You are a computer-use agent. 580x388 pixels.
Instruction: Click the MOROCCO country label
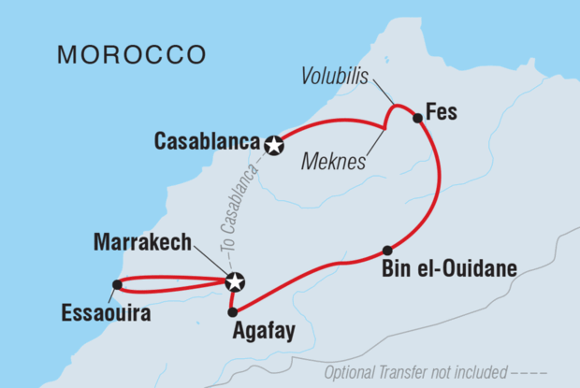(131, 53)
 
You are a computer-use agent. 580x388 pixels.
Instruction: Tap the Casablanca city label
(207, 143)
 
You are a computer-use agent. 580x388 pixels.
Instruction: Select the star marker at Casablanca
(273, 145)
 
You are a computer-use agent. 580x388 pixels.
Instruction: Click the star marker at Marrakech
(235, 280)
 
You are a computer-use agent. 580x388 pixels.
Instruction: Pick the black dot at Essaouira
(116, 284)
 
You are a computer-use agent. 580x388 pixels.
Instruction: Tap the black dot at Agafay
(232, 311)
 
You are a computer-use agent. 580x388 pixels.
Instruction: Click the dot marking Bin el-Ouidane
(386, 250)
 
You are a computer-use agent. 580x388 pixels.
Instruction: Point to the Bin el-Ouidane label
(450, 269)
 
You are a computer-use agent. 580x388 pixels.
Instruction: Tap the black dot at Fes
(417, 118)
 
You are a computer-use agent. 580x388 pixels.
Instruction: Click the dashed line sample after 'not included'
(551, 372)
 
